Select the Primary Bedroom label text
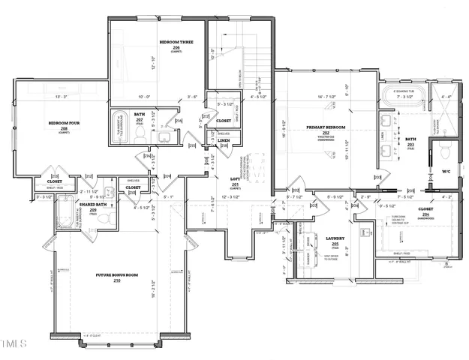[326, 128]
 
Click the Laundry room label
[335, 238]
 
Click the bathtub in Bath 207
[119, 127]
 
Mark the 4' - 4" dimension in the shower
[447, 97]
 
